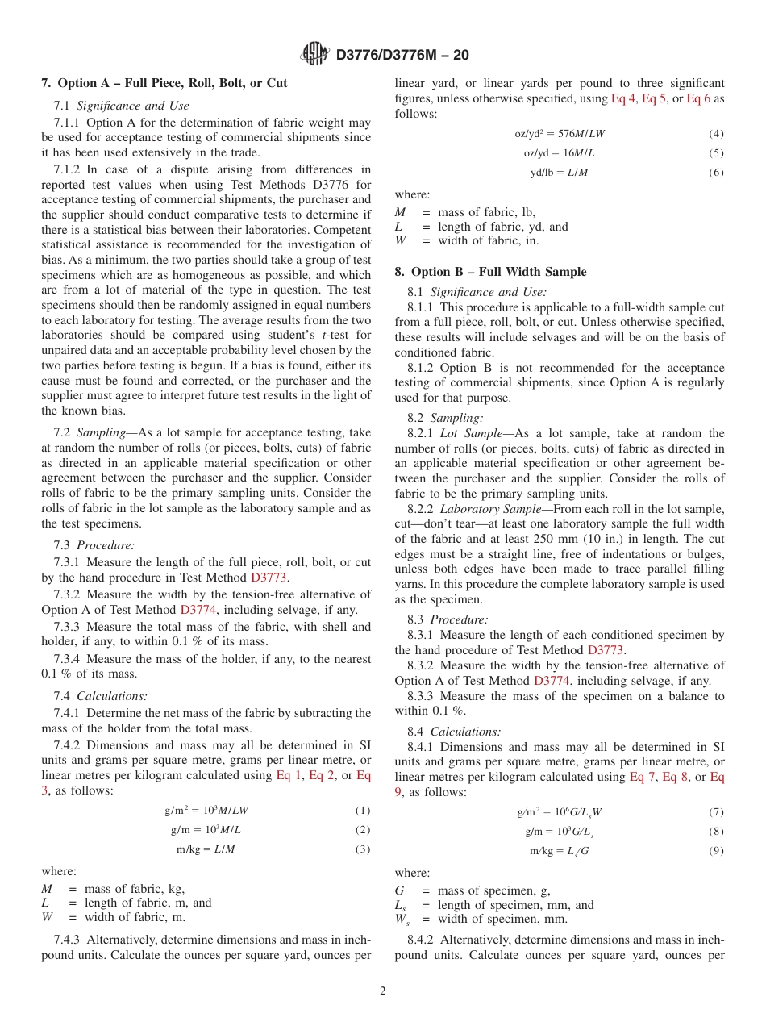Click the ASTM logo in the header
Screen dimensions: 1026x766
coord(315,54)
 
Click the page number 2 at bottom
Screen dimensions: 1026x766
coord(383,991)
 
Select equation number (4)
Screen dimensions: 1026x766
coord(716,133)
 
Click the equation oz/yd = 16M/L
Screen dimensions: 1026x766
coord(559,152)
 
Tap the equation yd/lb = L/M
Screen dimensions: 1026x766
coord(559,172)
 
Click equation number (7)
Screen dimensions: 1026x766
coord(716,812)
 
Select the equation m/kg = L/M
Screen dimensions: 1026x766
coord(206,849)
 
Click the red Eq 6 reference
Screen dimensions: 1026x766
coord(699,98)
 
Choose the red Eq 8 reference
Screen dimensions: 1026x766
coord(675,777)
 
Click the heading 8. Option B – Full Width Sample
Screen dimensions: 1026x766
coord(490,272)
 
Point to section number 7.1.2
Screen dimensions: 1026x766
coord(68,169)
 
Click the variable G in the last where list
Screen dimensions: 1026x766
coord(399,890)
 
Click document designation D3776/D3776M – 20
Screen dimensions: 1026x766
coord(402,55)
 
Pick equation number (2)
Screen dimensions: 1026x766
coord(362,829)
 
